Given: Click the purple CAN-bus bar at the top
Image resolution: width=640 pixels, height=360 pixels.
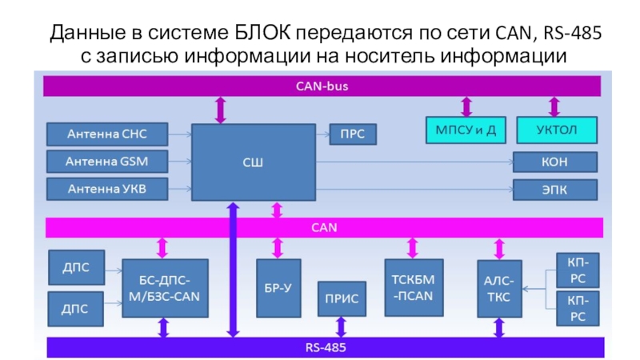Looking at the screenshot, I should pyautogui.click(x=320, y=85).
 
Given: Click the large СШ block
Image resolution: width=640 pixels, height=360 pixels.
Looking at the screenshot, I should pyautogui.click(x=252, y=162).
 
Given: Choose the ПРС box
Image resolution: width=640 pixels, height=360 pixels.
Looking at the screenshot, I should pyautogui.click(x=352, y=134).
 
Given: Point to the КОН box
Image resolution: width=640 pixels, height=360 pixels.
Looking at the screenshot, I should pyautogui.click(x=555, y=162).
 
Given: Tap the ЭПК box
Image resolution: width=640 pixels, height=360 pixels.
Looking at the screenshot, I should pyautogui.click(x=555, y=190).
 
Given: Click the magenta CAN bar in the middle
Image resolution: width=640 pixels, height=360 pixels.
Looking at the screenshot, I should pyautogui.click(x=320, y=227).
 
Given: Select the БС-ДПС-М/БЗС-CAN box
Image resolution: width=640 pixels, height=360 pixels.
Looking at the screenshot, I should pyautogui.click(x=164, y=287).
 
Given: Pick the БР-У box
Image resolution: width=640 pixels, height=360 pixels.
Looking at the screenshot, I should pyautogui.click(x=278, y=287).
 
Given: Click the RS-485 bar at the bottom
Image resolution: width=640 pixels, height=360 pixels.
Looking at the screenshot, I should pyautogui.click(x=320, y=347).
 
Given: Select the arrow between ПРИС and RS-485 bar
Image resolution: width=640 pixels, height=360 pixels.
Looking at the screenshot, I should pyautogui.click(x=342, y=326).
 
